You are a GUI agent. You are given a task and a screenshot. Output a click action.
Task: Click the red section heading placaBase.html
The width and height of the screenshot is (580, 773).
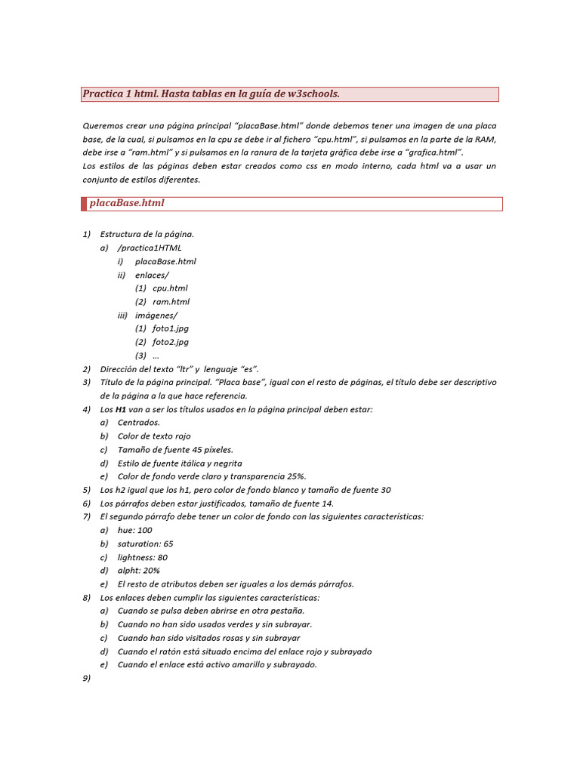click(127, 203)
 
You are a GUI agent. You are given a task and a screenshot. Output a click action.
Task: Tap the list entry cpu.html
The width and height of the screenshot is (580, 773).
click(170, 288)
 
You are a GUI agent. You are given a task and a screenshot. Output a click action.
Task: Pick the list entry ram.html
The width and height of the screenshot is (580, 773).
click(171, 302)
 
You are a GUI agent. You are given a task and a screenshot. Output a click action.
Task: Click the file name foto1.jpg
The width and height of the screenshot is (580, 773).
click(171, 328)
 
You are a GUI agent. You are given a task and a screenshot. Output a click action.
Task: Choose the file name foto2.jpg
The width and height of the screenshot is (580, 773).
click(171, 342)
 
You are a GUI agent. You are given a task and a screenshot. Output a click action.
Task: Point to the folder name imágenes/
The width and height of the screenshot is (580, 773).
click(156, 315)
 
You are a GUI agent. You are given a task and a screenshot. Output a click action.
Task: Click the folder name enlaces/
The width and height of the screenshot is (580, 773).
click(152, 275)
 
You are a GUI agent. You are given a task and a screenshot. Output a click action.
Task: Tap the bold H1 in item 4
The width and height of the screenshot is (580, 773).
click(120, 409)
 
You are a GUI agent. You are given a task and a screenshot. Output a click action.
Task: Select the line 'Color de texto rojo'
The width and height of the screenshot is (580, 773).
click(154, 436)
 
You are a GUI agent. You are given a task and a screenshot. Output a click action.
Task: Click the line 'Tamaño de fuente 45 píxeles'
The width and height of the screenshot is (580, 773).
click(175, 450)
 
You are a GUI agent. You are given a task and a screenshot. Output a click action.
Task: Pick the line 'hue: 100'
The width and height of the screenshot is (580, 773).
click(134, 530)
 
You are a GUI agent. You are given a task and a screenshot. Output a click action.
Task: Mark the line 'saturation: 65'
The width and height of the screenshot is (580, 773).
click(145, 544)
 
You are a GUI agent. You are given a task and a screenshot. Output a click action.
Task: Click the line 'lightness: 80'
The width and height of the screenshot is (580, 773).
click(143, 557)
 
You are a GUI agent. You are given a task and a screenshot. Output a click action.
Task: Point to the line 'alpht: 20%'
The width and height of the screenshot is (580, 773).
click(138, 571)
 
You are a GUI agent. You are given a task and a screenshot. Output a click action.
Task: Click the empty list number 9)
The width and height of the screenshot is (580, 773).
click(86, 679)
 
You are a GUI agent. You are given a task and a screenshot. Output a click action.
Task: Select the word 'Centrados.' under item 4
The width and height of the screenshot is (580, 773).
click(139, 423)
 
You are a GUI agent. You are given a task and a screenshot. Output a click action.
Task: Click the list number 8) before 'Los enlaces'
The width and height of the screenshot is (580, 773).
click(86, 598)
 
